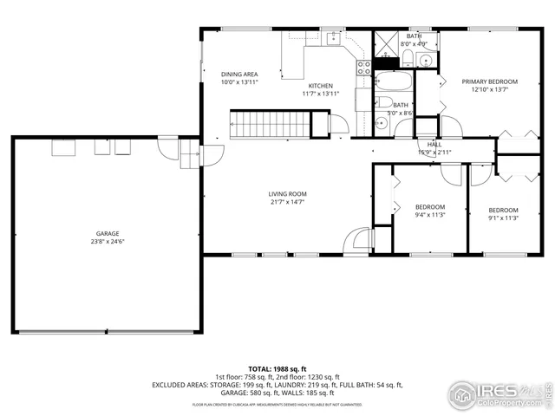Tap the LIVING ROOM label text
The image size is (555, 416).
(x=287, y=194)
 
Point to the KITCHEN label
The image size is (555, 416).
(x=321, y=86)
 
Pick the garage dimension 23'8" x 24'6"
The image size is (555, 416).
(x=107, y=242)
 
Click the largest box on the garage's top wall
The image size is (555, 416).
(x=65, y=149)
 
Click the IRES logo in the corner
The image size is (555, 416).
(x=486, y=391)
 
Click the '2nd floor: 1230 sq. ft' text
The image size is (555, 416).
(x=310, y=377)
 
